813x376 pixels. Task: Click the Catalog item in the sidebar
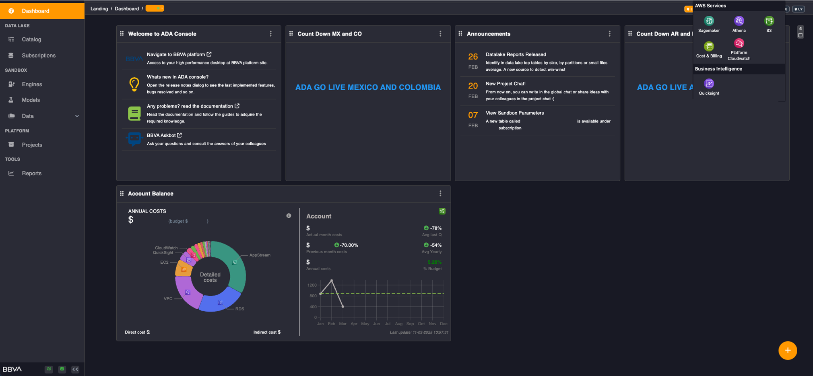point(31,39)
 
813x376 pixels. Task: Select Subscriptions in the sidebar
point(39,56)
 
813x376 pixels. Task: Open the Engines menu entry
point(32,84)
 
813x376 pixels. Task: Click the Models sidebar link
point(31,100)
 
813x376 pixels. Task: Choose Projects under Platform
point(32,145)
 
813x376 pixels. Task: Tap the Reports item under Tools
point(31,173)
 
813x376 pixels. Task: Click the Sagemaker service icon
point(709,21)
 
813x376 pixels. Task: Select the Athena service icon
point(739,21)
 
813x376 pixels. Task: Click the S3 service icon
point(769,21)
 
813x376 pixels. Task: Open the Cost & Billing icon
point(709,46)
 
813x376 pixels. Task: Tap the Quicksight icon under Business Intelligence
point(709,84)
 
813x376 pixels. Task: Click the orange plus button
point(787,350)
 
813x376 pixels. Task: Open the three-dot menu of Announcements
point(609,34)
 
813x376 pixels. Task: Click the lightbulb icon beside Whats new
point(134,84)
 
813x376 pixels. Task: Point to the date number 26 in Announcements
point(473,57)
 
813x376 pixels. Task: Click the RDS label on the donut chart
point(239,309)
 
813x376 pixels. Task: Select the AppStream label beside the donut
point(260,255)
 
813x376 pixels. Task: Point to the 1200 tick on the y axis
point(312,285)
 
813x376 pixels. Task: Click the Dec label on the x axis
point(444,324)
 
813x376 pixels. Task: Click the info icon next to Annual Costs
point(289,216)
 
